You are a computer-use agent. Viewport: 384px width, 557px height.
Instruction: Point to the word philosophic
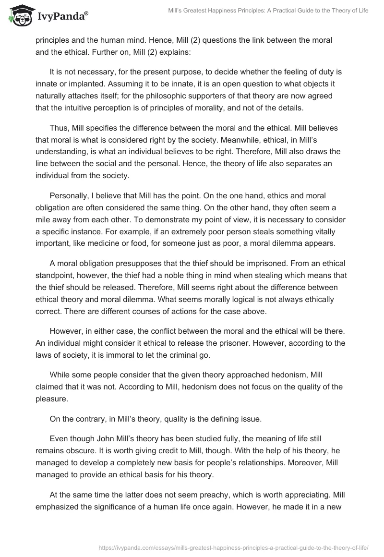[202, 96]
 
